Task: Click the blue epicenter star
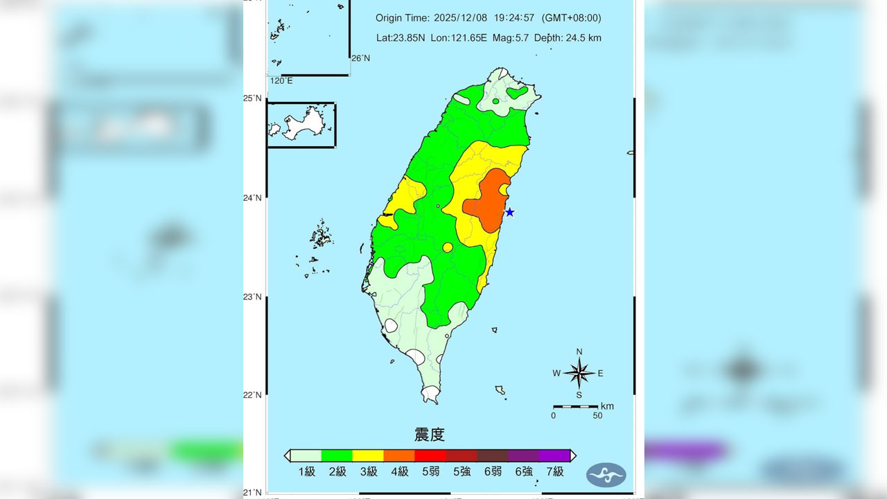coord(509,212)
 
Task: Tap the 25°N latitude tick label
coord(252,98)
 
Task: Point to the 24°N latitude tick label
coord(252,198)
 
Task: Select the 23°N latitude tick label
coord(252,297)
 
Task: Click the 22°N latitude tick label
coord(252,395)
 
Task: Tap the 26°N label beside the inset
coord(360,58)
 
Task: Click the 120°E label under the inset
coord(281,81)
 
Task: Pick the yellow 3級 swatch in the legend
coord(368,455)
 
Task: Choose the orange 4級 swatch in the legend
coord(399,455)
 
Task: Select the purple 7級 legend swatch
coord(554,455)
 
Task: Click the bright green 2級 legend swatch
coord(337,455)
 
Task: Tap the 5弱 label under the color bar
coord(430,472)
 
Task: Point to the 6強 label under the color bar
coord(523,472)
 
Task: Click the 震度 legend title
coord(430,435)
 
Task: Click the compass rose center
coord(579,374)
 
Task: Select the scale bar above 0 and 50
coord(575,406)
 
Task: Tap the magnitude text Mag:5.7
coord(511,38)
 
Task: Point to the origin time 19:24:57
coord(514,18)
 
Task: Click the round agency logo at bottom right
coord(606,475)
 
